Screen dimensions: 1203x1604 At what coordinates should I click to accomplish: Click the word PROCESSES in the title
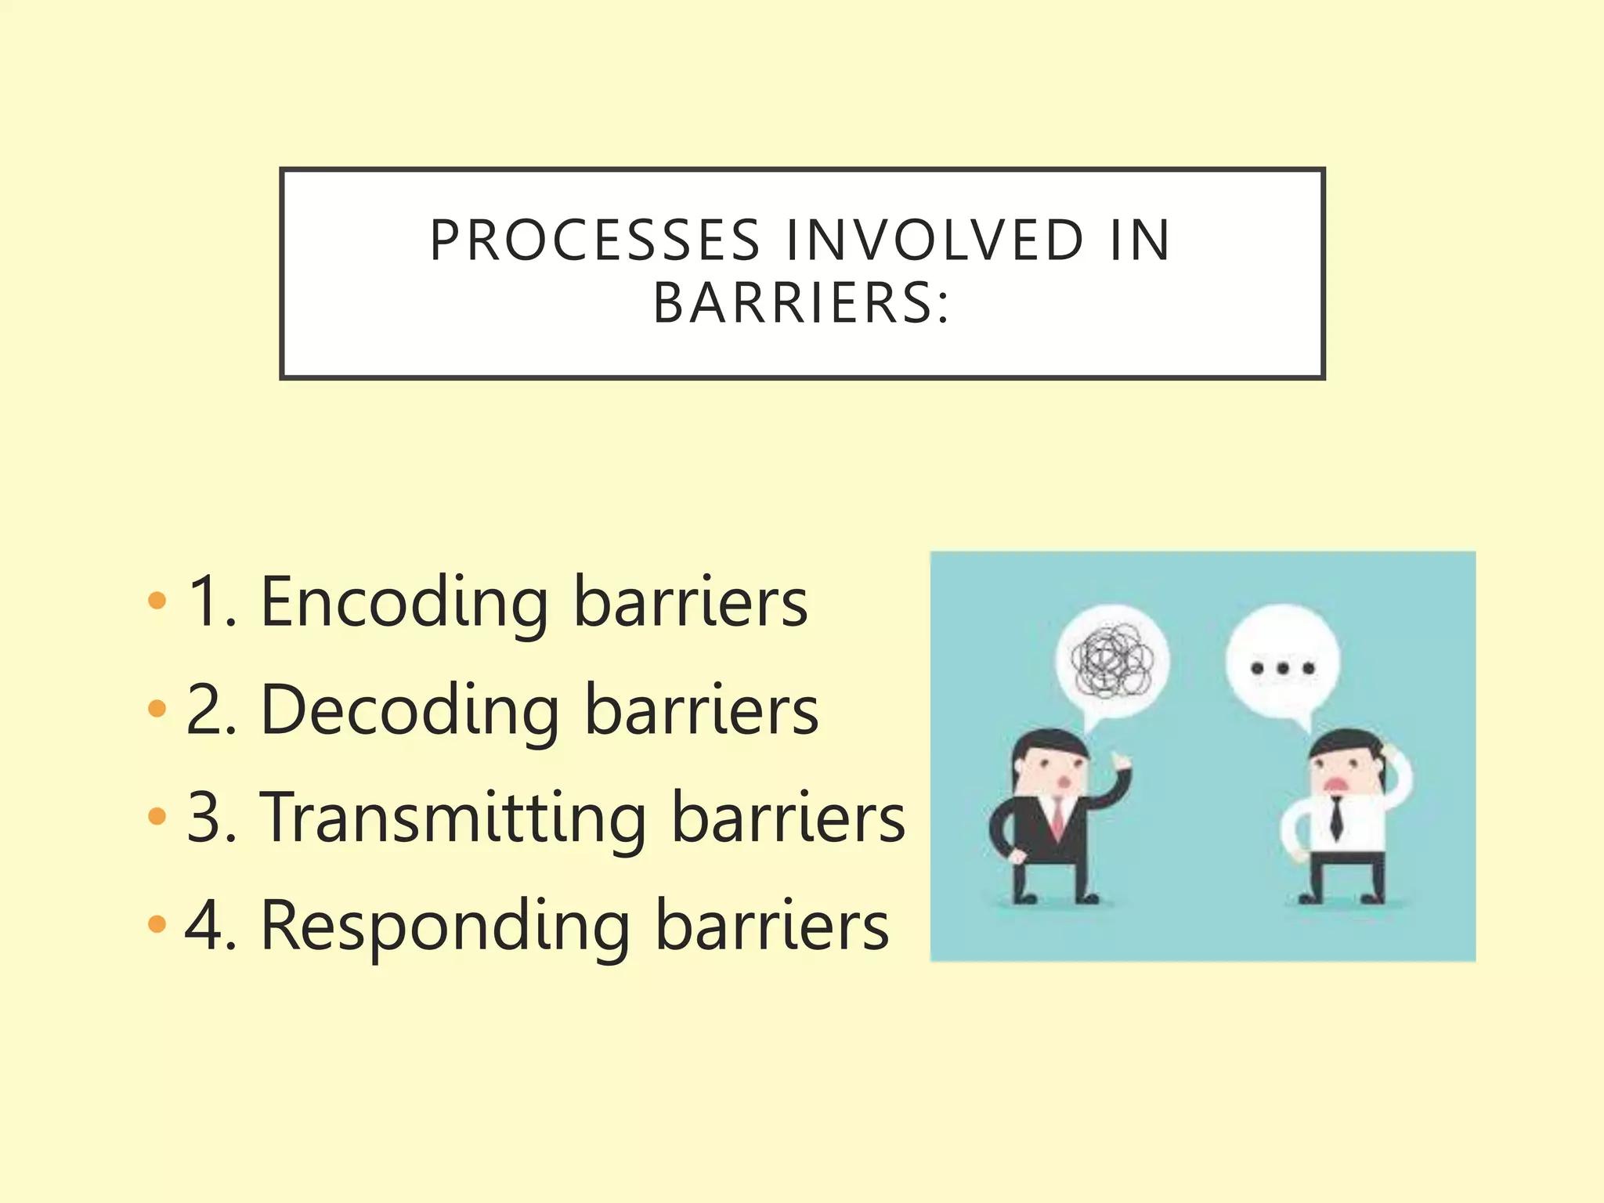tap(595, 240)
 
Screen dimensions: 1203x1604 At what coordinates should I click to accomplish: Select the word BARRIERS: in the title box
tap(801, 303)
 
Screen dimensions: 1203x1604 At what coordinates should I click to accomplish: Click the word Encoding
tap(404, 603)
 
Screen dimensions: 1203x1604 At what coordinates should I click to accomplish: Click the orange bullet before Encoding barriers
tap(157, 601)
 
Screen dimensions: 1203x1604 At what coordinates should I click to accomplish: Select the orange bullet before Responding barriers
tap(157, 924)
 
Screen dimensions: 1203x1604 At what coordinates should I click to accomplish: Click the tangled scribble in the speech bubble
tap(1111, 662)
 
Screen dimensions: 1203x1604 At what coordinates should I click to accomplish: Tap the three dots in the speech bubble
tap(1283, 668)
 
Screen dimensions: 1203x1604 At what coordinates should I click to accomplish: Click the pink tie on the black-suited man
tap(1057, 819)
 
